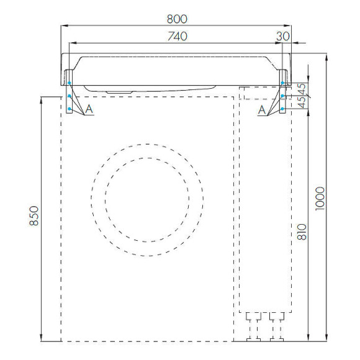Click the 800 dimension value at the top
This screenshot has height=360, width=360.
click(x=177, y=19)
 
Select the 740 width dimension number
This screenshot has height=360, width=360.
click(x=177, y=37)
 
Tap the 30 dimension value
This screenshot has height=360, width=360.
click(x=282, y=37)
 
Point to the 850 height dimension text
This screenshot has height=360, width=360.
click(x=34, y=217)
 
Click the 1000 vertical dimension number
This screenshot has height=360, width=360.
click(x=320, y=198)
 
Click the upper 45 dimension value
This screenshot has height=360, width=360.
click(x=302, y=88)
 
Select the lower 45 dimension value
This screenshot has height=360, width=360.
click(x=302, y=102)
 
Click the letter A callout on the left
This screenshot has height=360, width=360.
click(x=89, y=109)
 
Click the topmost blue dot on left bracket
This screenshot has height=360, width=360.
click(x=70, y=83)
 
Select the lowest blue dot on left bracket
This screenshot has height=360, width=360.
click(x=70, y=109)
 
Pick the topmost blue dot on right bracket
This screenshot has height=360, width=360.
click(x=282, y=83)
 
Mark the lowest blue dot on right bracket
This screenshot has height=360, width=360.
click(x=282, y=109)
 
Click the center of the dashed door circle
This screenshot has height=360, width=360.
click(x=146, y=199)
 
